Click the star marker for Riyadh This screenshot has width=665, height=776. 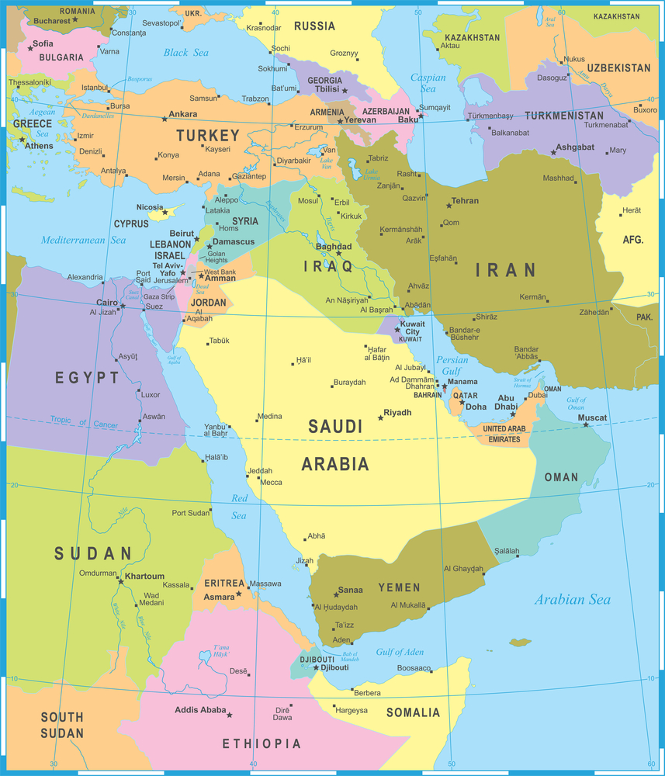pos(380,417)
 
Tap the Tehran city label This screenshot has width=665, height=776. pos(465,201)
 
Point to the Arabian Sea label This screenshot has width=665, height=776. pos(572,599)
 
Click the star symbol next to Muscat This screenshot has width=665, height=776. pos(586,424)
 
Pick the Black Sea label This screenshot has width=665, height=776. pos(185,52)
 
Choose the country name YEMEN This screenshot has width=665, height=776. pos(399,587)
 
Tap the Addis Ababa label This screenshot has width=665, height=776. pos(200,710)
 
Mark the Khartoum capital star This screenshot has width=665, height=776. pos(119,579)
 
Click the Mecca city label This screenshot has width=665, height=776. pos(271,483)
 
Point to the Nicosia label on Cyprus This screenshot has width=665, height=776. pos(149,207)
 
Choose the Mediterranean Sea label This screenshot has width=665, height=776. pos(83,240)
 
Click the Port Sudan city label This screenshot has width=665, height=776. pos(191,513)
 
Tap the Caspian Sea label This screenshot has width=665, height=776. pos(428,82)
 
